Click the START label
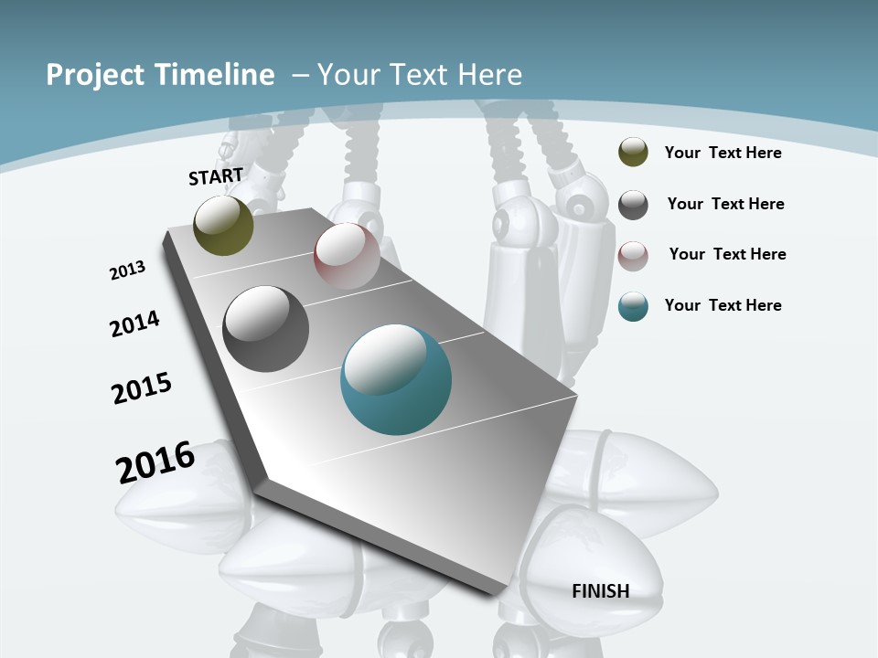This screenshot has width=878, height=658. (216, 176)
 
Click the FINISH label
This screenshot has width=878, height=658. (601, 591)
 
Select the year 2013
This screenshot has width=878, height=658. (127, 271)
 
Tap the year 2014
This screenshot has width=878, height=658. (134, 324)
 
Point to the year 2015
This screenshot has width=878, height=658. (142, 388)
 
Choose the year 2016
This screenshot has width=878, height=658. (155, 462)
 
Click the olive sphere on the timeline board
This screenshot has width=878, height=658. (223, 225)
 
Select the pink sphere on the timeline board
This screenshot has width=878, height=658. (347, 256)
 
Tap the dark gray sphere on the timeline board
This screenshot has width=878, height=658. (266, 329)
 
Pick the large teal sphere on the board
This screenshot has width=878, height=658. (395, 379)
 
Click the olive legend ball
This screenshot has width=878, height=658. (633, 152)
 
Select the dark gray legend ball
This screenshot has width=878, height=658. (633, 205)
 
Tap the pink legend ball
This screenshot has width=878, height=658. (633, 256)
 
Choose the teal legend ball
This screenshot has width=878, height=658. (633, 306)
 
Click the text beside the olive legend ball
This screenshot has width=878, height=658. (723, 153)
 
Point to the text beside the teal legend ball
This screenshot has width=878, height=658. (723, 305)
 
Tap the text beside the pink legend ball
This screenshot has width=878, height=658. (727, 254)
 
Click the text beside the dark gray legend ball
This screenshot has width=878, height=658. (725, 204)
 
